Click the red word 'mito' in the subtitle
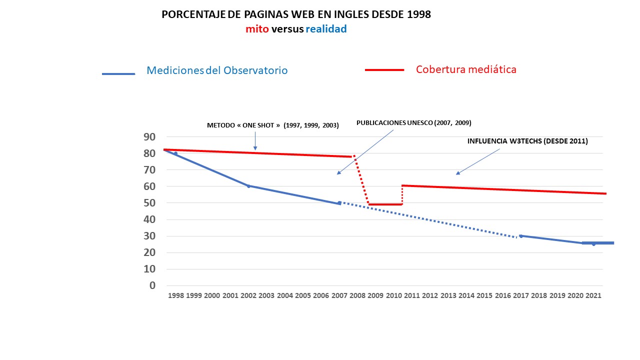(x=257, y=29)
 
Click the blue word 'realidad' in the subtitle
(x=326, y=29)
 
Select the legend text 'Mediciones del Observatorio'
(x=217, y=70)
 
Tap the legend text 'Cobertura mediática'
(x=466, y=69)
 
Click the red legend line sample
(x=384, y=70)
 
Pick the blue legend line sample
(x=118, y=74)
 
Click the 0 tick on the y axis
(x=152, y=285)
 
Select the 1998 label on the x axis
(x=176, y=295)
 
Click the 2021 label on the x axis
(x=593, y=295)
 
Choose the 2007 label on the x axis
(x=339, y=295)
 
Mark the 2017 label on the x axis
(x=521, y=295)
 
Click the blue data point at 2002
(x=248, y=186)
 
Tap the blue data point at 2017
(x=521, y=236)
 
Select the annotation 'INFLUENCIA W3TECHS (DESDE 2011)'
(x=527, y=141)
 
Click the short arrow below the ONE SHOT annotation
(x=255, y=141)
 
